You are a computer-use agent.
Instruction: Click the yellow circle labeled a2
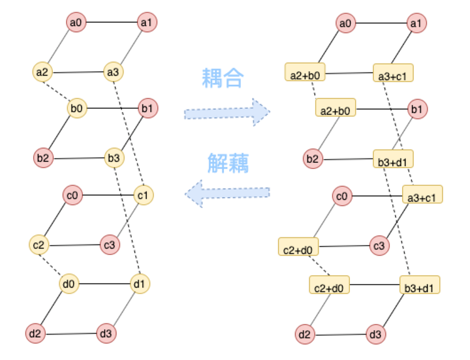tap(42, 71)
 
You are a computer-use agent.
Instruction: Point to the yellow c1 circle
tap(144, 194)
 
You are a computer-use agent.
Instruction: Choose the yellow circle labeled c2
tap(39, 245)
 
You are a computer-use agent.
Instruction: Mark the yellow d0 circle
tap(69, 284)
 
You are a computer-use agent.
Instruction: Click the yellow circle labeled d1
tap(139, 284)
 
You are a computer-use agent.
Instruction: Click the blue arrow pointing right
tap(227, 113)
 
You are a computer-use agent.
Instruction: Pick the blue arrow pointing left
tap(227, 193)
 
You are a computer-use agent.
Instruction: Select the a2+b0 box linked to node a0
tap(305, 72)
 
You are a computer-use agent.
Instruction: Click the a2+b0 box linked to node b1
tap(336, 108)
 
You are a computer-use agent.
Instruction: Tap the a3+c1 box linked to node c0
tap(422, 194)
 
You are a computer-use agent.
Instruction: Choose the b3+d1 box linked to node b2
tap(393, 158)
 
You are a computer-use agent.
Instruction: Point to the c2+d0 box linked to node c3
tap(298, 247)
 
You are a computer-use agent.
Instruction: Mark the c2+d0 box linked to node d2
tap(329, 284)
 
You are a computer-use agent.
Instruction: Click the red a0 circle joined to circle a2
tap(76, 23)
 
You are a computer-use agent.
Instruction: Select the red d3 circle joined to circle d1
tap(107, 334)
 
